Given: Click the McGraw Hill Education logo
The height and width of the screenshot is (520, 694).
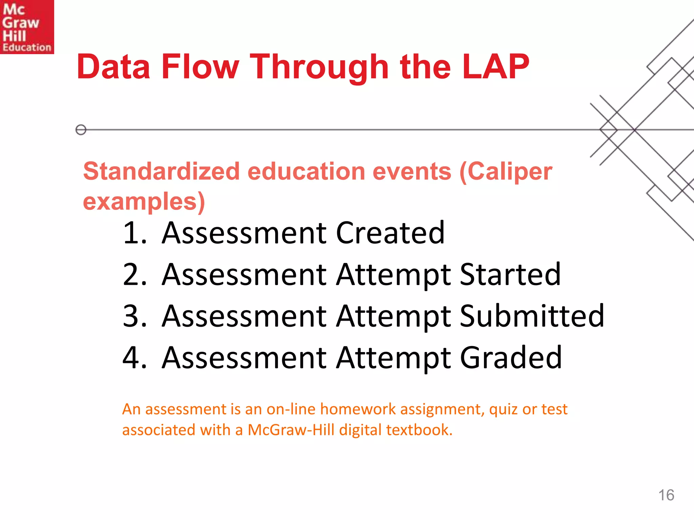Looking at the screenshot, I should pos(27,27).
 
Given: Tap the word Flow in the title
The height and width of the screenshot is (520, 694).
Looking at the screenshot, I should pos(200,67).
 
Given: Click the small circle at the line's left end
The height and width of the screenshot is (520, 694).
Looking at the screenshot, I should pos(81,130).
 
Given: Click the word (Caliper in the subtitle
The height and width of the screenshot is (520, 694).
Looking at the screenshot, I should pos(506,172).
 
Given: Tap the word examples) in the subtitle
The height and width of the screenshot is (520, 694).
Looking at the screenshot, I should pos(144,202).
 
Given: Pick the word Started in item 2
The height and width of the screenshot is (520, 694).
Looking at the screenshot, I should pos(510,275).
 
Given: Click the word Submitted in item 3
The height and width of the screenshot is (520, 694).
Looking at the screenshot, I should pos(532,316).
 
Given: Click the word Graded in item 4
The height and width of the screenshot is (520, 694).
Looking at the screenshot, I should pos(511,358).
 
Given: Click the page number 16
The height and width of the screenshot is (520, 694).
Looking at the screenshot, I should pos(666,495).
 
